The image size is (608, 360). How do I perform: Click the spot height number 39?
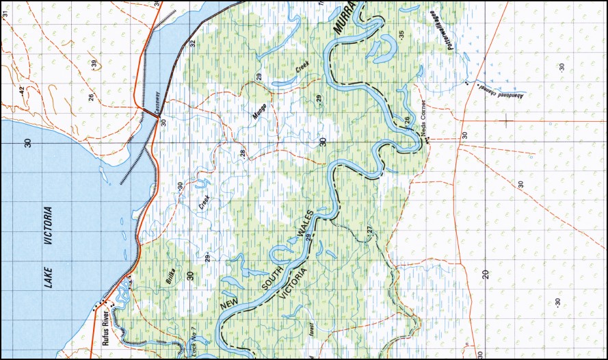coord(94,64)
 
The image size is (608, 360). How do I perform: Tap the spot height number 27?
coord(372,231)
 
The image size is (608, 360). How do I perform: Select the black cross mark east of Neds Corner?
coord(506,121)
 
